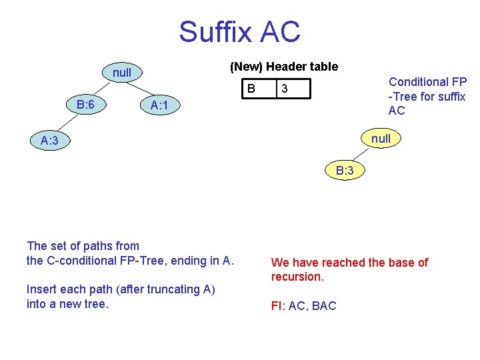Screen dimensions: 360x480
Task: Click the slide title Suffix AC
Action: click(x=239, y=31)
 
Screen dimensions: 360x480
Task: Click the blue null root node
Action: click(x=122, y=72)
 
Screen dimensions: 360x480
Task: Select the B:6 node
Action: click(x=85, y=105)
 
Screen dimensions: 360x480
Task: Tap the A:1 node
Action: click(x=163, y=105)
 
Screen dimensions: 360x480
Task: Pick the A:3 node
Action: click(x=49, y=141)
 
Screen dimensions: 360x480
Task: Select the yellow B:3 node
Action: click(x=345, y=171)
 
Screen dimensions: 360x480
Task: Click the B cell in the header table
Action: click(x=251, y=89)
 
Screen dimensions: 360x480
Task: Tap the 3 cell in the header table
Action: click(x=285, y=89)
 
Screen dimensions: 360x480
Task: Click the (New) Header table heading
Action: click(x=284, y=67)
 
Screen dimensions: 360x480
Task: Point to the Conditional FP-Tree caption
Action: click(x=427, y=96)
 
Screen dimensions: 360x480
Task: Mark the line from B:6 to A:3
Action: click(x=66, y=123)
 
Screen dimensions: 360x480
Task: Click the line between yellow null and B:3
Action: click(x=363, y=154)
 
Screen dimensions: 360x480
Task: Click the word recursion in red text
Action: click(x=297, y=277)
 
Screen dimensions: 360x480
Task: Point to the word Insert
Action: click(x=41, y=289)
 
